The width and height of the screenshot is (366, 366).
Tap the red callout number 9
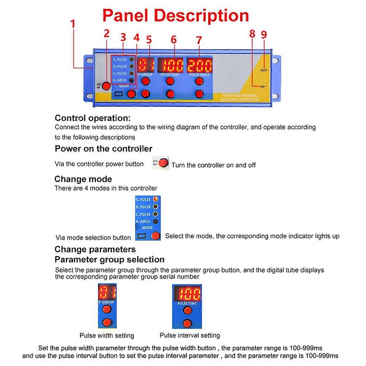coord(264,34)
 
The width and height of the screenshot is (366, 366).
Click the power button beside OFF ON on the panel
coord(106,86)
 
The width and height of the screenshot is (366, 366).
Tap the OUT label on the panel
coord(264,70)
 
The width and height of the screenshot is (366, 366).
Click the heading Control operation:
coord(92,118)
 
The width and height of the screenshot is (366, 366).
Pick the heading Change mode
coord(83,179)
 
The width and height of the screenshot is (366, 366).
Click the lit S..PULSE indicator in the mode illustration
coord(156,199)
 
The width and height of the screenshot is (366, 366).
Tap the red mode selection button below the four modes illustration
coord(156,236)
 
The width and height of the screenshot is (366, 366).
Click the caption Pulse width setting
coord(107,335)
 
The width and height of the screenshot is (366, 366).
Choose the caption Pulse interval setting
coord(190,335)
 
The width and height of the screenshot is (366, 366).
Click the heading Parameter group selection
coord(109,260)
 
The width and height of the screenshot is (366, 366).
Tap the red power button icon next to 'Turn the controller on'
coord(164,163)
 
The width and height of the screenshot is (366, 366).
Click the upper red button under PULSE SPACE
coord(199,81)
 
